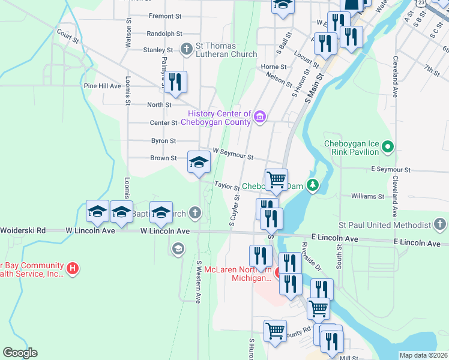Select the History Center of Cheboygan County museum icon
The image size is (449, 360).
tap(259, 116)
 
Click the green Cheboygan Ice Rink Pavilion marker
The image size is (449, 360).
tap(388, 146)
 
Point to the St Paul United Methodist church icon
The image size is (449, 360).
tap(439, 225)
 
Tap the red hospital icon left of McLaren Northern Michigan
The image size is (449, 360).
tap(72, 268)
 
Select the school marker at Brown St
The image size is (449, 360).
tap(199, 161)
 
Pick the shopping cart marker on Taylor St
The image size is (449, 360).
tap(276, 178)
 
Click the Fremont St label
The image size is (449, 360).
tap(165, 16)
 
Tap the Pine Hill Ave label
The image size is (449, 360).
tap(103, 86)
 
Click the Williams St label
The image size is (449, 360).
tap(367, 196)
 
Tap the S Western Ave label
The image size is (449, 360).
tap(197, 281)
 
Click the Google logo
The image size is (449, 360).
tap(20, 353)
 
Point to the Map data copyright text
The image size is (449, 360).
tap(423, 355)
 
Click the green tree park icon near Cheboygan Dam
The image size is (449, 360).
tap(312, 185)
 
